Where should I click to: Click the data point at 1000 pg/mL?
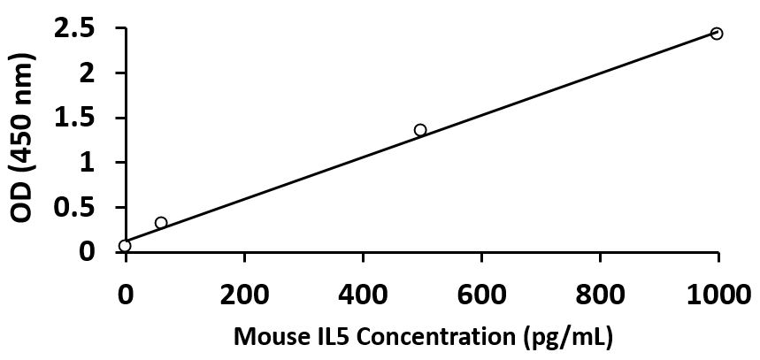(x=717, y=34)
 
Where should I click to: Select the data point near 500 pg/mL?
(x=420, y=130)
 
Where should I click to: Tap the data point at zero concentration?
(x=125, y=246)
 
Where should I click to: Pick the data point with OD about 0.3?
(x=161, y=223)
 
